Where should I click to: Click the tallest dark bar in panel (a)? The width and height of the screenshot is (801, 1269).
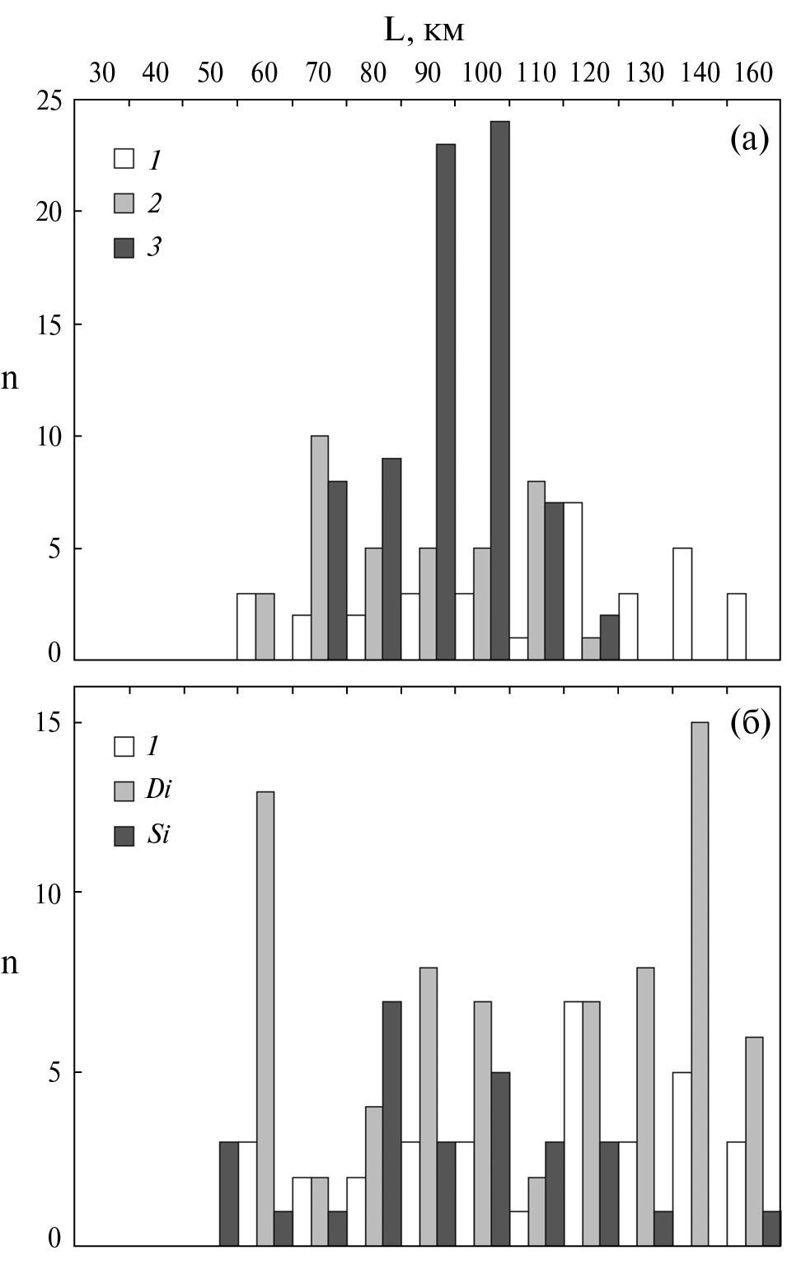pyautogui.click(x=499, y=390)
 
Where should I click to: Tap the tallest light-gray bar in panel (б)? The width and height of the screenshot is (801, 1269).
pyautogui.click(x=700, y=984)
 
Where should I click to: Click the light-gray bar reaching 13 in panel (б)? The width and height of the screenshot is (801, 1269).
pyautogui.click(x=265, y=1019)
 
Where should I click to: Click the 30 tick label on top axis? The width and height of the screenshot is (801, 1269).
pyautogui.click(x=101, y=73)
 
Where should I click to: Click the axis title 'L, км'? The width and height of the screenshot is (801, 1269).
pyautogui.click(x=424, y=31)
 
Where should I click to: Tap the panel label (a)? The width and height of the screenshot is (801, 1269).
pyautogui.click(x=749, y=140)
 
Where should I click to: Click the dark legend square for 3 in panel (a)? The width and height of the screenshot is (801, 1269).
pyautogui.click(x=124, y=247)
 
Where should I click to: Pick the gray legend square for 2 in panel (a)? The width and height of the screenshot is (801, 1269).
pyautogui.click(x=124, y=203)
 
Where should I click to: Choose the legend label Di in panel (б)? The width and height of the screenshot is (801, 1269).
pyautogui.click(x=157, y=791)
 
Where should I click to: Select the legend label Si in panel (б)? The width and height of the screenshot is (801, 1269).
pyautogui.click(x=157, y=836)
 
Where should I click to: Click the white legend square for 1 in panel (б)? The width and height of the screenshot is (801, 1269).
pyautogui.click(x=124, y=747)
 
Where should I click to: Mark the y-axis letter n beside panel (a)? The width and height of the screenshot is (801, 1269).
pyautogui.click(x=9, y=380)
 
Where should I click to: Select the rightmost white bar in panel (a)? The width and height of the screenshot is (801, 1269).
pyautogui.click(x=736, y=627)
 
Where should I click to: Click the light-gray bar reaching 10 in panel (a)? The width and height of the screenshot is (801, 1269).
pyautogui.click(x=320, y=548)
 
